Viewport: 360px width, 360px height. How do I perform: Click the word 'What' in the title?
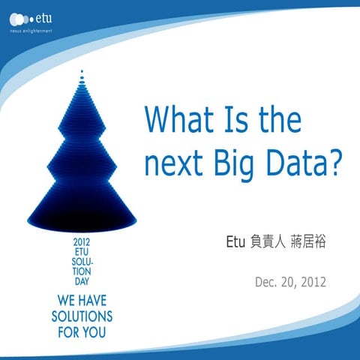tap(177, 120)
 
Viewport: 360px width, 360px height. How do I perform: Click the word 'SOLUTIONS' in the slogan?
tap(81, 315)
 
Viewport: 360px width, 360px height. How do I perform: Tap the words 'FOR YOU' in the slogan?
tap(81, 330)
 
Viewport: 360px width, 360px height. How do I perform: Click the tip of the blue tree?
tap(81, 73)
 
